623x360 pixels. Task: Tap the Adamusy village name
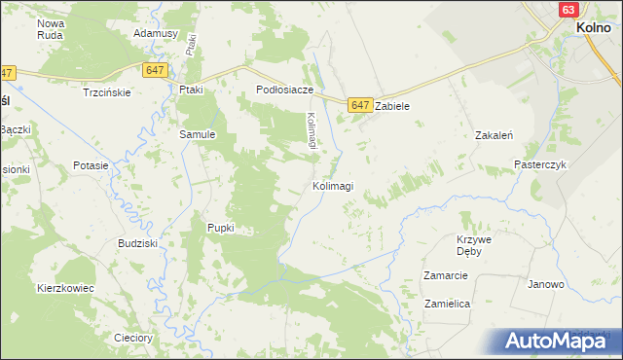(x=156, y=33)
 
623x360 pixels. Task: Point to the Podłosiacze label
(x=284, y=90)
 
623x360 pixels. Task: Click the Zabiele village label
(x=396, y=106)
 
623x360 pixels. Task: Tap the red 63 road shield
(x=569, y=9)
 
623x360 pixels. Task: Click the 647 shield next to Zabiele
(x=360, y=105)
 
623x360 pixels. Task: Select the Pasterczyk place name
(x=540, y=165)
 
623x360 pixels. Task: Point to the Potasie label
(x=91, y=165)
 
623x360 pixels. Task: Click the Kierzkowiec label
(x=65, y=289)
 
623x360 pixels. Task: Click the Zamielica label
(x=447, y=304)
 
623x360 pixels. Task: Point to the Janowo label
(x=546, y=285)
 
